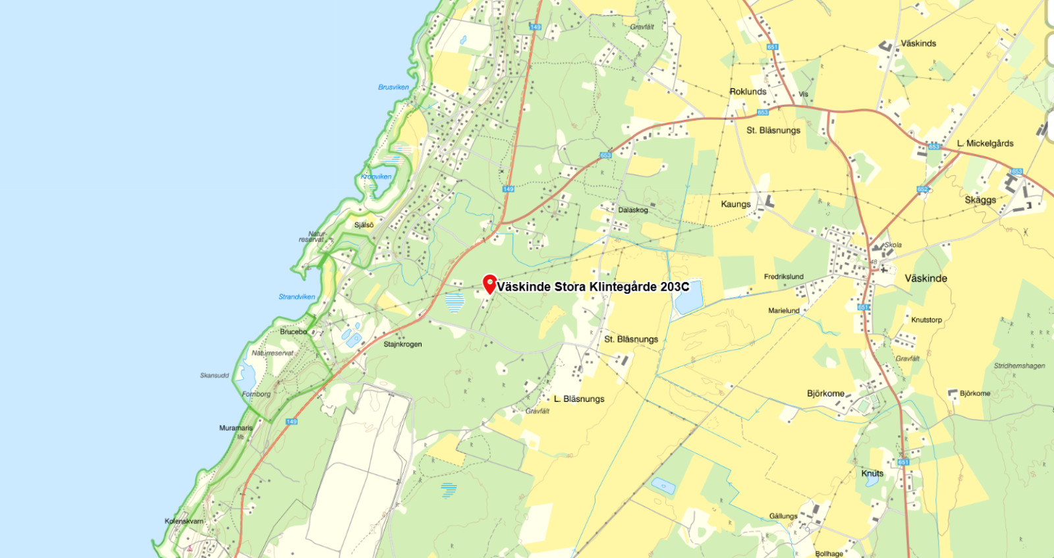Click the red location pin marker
[x=489, y=284]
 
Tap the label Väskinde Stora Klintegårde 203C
[x=593, y=287]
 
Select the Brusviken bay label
[x=393, y=87]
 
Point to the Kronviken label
[x=376, y=177]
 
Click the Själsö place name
[x=364, y=225]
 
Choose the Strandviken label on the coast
[x=296, y=296]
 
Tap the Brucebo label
[x=293, y=331]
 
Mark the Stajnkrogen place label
[x=402, y=344]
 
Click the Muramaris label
[x=236, y=428]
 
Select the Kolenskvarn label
[x=184, y=521]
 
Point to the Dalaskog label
[x=633, y=210]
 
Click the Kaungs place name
[x=736, y=204]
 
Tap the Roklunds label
[x=748, y=92]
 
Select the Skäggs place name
[x=980, y=200]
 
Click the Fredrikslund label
[x=783, y=277]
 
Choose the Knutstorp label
[x=926, y=320]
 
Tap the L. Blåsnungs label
[x=579, y=399]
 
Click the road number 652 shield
[x=922, y=189]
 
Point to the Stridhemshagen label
[x=1019, y=366]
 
